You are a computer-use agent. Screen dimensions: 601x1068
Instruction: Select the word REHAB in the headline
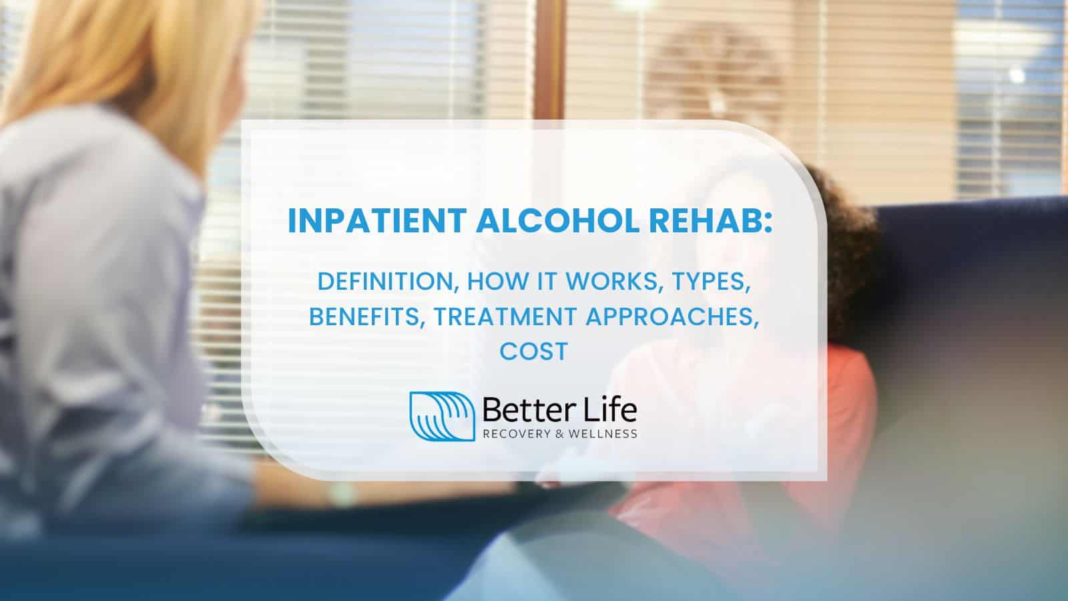tap(708, 221)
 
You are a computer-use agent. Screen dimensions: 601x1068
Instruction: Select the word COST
tap(533, 351)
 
